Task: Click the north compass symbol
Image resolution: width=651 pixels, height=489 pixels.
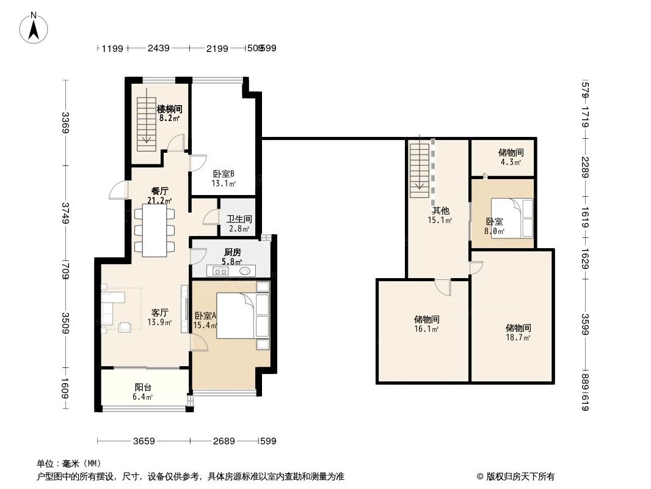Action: pos(35,28)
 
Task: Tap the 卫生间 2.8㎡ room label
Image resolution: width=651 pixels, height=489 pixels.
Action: pos(239,224)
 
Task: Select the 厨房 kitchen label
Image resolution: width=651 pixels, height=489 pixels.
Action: pos(233,256)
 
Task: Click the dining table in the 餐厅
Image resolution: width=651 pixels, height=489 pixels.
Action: pos(154,230)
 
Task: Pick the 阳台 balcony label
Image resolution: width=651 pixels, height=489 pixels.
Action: pos(143,391)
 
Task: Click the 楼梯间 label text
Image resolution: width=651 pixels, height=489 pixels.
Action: pos(169,113)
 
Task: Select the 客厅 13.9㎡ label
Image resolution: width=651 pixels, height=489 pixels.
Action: pos(159,317)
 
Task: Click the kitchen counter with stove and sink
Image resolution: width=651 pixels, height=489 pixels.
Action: pos(231,271)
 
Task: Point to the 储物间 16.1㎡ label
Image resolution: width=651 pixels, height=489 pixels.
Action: pos(426,323)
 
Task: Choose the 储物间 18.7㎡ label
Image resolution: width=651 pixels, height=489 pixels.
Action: pos(518,332)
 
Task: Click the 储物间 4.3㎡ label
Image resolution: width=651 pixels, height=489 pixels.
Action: pos(511,157)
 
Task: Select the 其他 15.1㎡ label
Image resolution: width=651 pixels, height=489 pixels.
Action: pos(440,215)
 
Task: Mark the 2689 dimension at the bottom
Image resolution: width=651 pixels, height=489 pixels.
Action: pos(224,441)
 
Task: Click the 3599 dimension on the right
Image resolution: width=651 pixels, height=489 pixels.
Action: pos(584,325)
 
